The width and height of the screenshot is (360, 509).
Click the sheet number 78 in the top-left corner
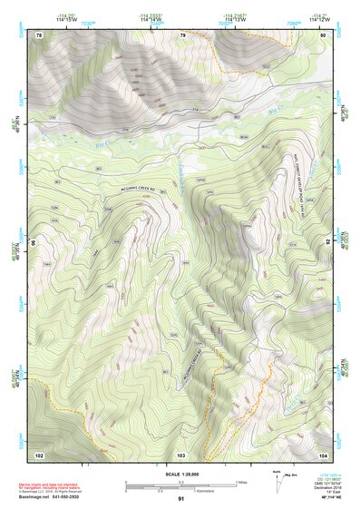click(x=38, y=35)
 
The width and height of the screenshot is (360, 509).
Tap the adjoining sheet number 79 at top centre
click(x=182, y=35)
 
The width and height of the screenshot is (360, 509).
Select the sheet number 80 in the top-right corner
click(x=323, y=35)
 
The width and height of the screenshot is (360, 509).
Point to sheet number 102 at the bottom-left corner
click(x=39, y=454)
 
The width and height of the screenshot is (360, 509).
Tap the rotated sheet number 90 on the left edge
click(x=34, y=243)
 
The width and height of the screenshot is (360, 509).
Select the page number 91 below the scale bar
click(x=180, y=499)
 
